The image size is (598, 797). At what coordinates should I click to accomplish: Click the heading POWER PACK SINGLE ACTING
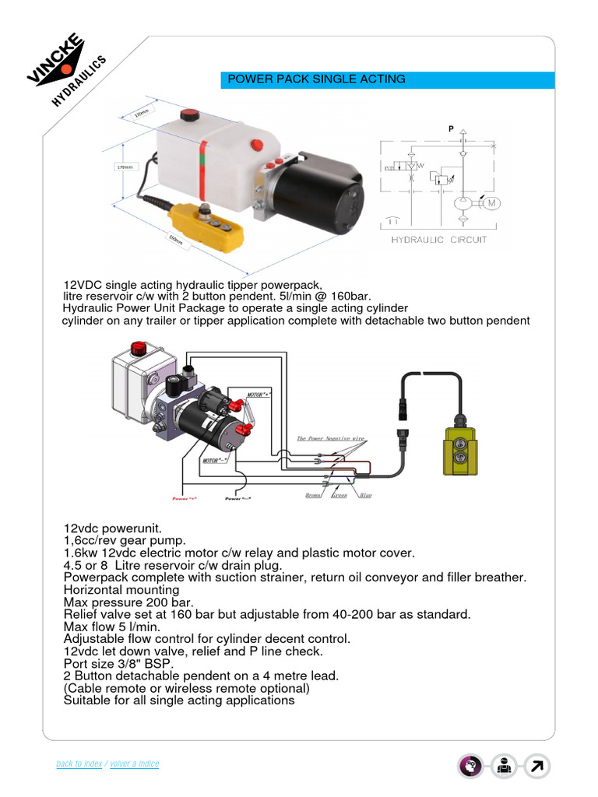pyautogui.click(x=315, y=79)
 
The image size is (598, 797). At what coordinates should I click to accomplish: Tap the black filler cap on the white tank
pyautogui.click(x=189, y=116)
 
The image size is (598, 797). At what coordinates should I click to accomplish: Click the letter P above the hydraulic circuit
pyautogui.click(x=451, y=128)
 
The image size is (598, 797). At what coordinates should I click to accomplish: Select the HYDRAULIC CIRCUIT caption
pyautogui.click(x=439, y=240)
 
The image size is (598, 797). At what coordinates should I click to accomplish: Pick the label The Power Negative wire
pyautogui.click(x=331, y=438)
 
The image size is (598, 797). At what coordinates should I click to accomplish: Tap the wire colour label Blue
pyautogui.click(x=365, y=494)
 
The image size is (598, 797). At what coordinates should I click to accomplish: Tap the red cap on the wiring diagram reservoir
pyautogui.click(x=140, y=348)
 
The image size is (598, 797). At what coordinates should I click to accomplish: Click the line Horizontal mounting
pyautogui.click(x=121, y=590)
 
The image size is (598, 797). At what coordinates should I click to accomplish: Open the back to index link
pyautogui.click(x=79, y=764)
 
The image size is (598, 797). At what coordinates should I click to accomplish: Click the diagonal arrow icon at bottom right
pyautogui.click(x=537, y=767)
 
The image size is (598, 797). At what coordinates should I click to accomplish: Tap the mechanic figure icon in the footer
pyautogui.click(x=504, y=767)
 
